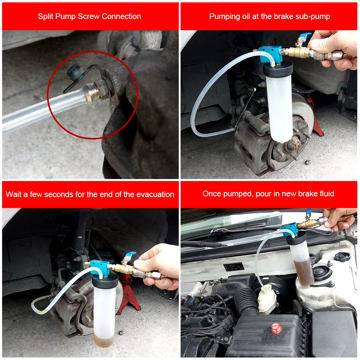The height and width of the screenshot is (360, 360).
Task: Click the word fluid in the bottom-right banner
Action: tap(326, 194)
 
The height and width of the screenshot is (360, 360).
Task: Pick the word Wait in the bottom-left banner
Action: tap(14, 195)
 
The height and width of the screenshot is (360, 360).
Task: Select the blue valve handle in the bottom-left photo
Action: tap(130, 255)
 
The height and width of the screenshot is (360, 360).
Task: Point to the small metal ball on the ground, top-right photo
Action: tap(308, 163)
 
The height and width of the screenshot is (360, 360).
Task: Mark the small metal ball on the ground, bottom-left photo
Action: tap(122, 332)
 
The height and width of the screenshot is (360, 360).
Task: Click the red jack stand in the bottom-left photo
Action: tap(129, 295)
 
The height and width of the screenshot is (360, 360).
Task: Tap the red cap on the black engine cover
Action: tap(276, 328)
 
